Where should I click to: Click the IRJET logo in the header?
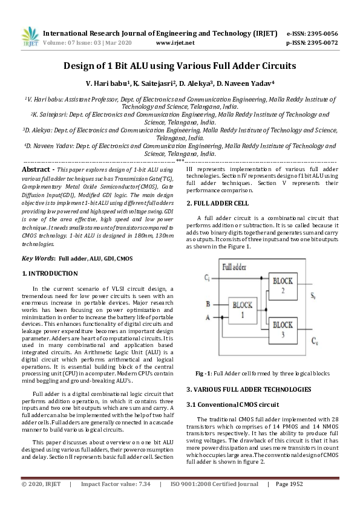point(31,37)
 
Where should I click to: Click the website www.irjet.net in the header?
point(175,43)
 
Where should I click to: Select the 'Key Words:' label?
point(38,258)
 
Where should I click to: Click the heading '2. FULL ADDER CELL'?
point(217,203)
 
